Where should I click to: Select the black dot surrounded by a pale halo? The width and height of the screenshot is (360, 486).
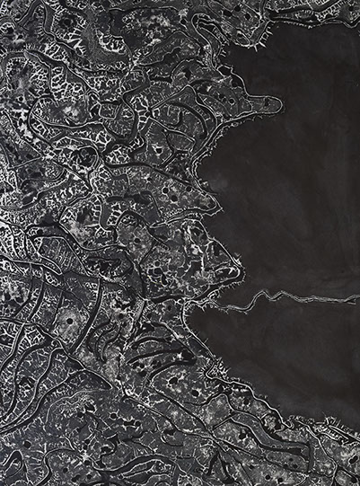pos(71,320)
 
